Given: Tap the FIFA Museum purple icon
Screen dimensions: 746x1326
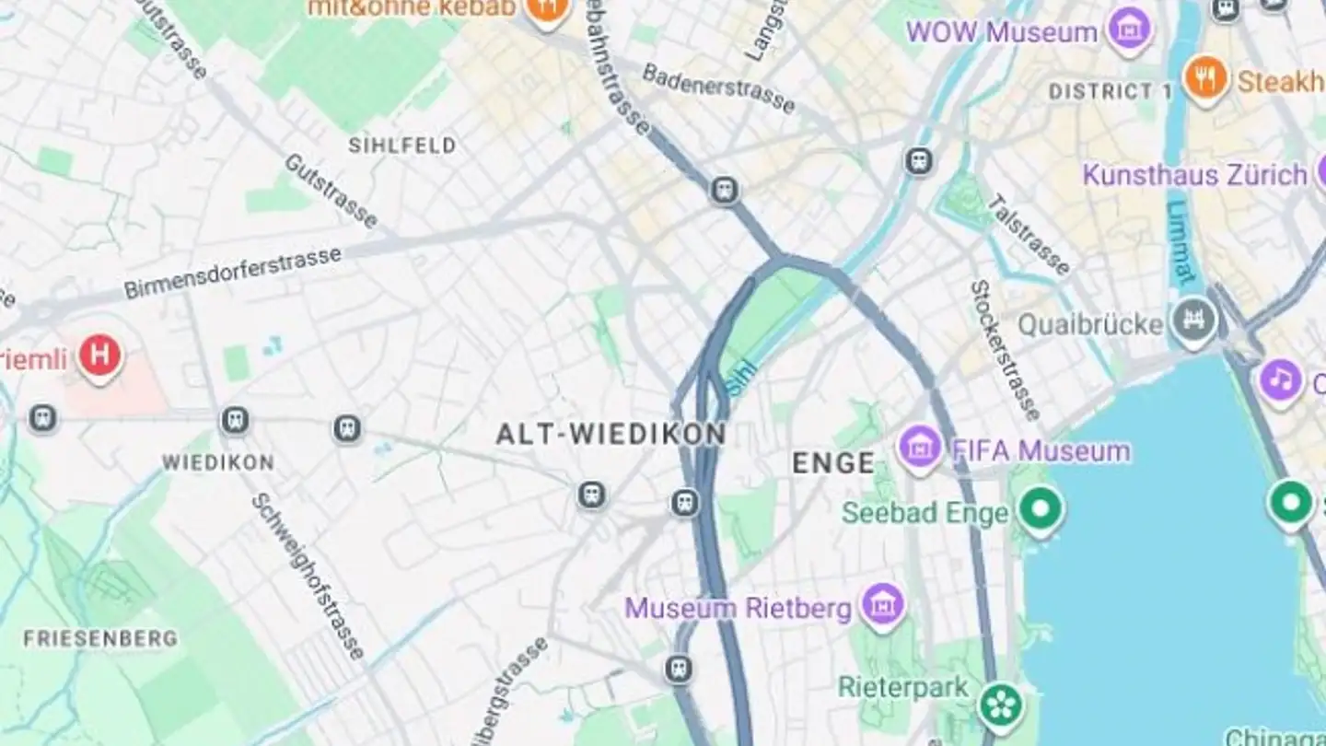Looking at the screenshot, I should pyautogui.click(x=920, y=449).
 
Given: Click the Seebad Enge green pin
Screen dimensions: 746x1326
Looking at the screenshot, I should pyautogui.click(x=1041, y=508).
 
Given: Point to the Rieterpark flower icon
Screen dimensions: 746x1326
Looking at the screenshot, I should pyautogui.click(x=1001, y=705).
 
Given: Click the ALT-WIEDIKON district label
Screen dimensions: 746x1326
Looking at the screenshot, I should pyautogui.click(x=611, y=434).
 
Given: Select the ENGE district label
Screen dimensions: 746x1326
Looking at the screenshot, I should pyautogui.click(x=833, y=462).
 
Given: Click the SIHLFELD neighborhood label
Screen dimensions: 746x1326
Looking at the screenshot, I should pyautogui.click(x=402, y=145).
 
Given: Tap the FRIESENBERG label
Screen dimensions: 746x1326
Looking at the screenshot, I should pyautogui.click(x=100, y=638).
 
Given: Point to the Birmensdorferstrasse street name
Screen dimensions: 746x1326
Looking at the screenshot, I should pyautogui.click(x=232, y=273).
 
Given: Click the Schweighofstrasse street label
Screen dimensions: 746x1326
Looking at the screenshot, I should pyautogui.click(x=308, y=576).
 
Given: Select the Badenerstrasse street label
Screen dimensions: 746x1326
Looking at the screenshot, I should pyautogui.click(x=718, y=87).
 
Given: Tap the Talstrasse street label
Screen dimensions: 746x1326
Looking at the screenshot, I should pyautogui.click(x=1029, y=235).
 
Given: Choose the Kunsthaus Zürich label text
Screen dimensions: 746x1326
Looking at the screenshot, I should pyautogui.click(x=1194, y=174).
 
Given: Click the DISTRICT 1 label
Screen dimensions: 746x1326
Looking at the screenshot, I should pyautogui.click(x=1111, y=91).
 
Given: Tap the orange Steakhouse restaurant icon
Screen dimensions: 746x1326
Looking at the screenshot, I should pyautogui.click(x=1205, y=79).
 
